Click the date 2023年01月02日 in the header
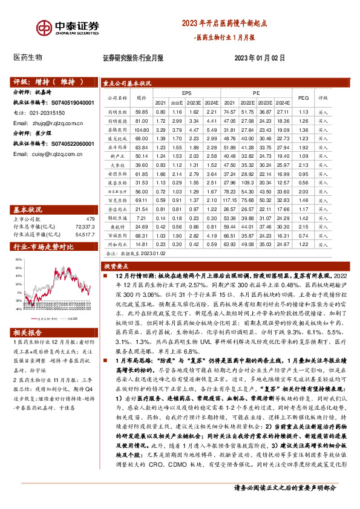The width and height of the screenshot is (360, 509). tap(260, 58)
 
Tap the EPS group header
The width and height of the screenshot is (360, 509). tap(186, 93)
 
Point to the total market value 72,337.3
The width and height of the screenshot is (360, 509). tap(84, 226)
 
